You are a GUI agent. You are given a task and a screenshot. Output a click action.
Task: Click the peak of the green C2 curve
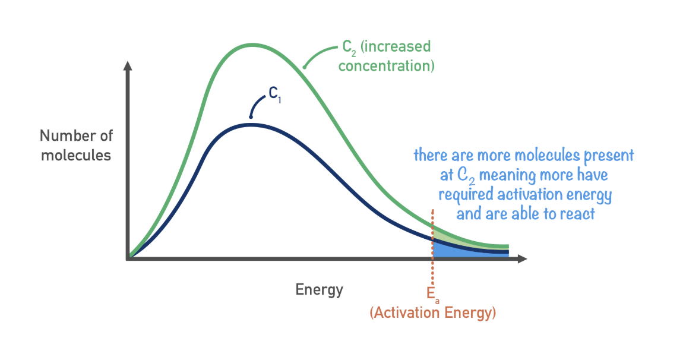[x=252, y=45]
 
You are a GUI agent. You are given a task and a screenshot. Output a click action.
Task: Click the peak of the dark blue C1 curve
[x=251, y=125]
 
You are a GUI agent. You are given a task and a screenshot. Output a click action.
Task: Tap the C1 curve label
[x=274, y=94]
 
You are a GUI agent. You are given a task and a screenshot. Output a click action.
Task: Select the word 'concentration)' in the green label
[x=387, y=66]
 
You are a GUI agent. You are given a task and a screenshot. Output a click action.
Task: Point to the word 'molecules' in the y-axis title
[x=76, y=155]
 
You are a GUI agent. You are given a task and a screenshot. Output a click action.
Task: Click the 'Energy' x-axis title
[x=320, y=289]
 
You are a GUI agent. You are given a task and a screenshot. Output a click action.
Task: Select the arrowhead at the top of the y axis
[x=128, y=65]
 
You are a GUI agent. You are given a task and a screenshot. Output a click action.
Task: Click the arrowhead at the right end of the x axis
[x=522, y=259]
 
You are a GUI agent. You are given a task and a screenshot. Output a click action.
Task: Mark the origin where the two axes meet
[x=128, y=258]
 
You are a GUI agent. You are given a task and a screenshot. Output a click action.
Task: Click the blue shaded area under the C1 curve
[x=466, y=251]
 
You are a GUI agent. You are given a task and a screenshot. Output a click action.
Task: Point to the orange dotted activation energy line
[x=432, y=249]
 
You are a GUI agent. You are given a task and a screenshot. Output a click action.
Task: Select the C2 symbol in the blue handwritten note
[x=466, y=175]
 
